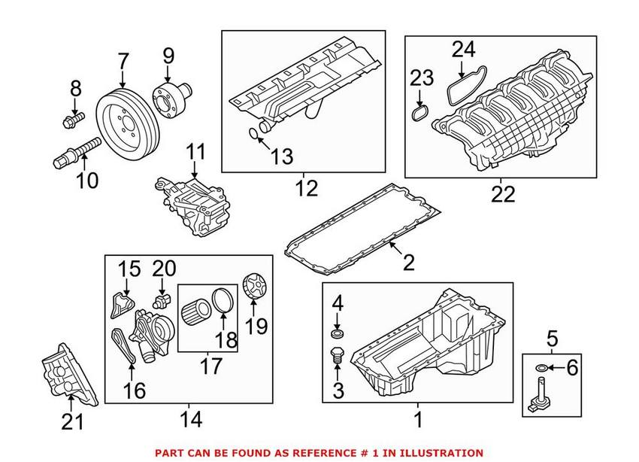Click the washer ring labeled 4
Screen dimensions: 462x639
pyautogui.click(x=338, y=332)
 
